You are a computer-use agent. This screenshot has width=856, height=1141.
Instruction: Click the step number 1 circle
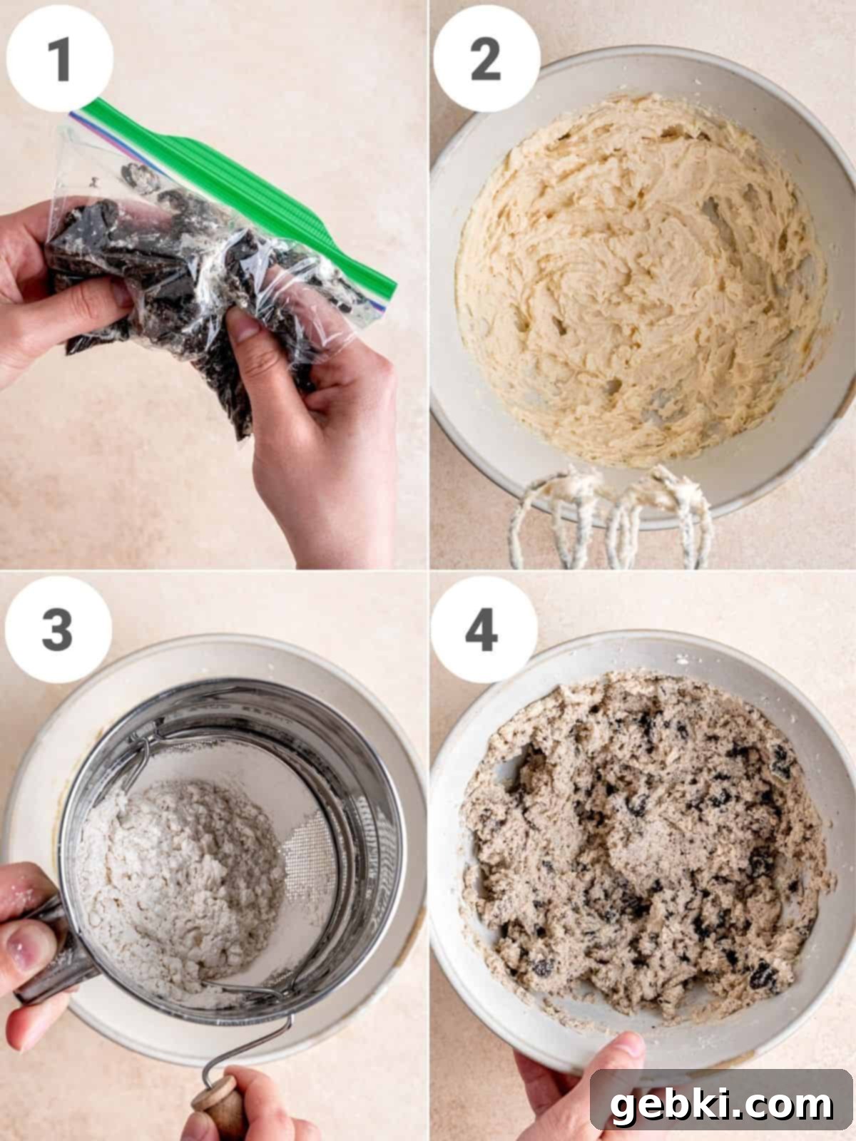pyautogui.click(x=60, y=58)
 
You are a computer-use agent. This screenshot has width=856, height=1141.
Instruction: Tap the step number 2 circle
pyautogui.click(x=486, y=58)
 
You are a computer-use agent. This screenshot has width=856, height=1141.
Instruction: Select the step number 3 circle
pyautogui.click(x=58, y=630)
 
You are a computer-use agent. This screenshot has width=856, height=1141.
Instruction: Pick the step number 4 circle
pyautogui.click(x=484, y=630)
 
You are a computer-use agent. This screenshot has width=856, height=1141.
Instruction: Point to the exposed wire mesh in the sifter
pyautogui.click(x=312, y=852)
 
